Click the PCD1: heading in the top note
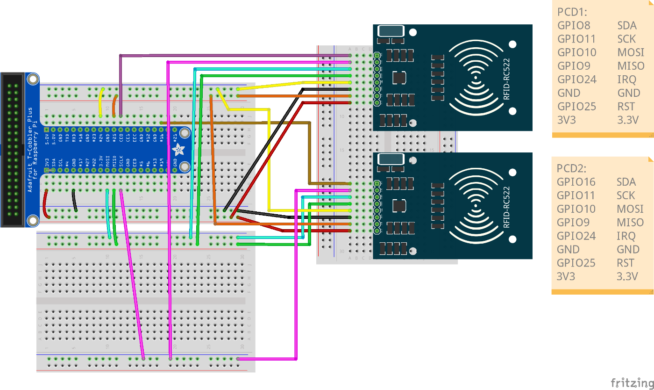coord(572,12)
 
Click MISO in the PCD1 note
coord(630,66)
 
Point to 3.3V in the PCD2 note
coord(627,276)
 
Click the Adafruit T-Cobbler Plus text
coord(31,149)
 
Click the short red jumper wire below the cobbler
coord(45,204)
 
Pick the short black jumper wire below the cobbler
coord(74,201)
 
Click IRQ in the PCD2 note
coord(626,236)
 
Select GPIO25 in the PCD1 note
coord(576,106)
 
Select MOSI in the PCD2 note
coord(630,209)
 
